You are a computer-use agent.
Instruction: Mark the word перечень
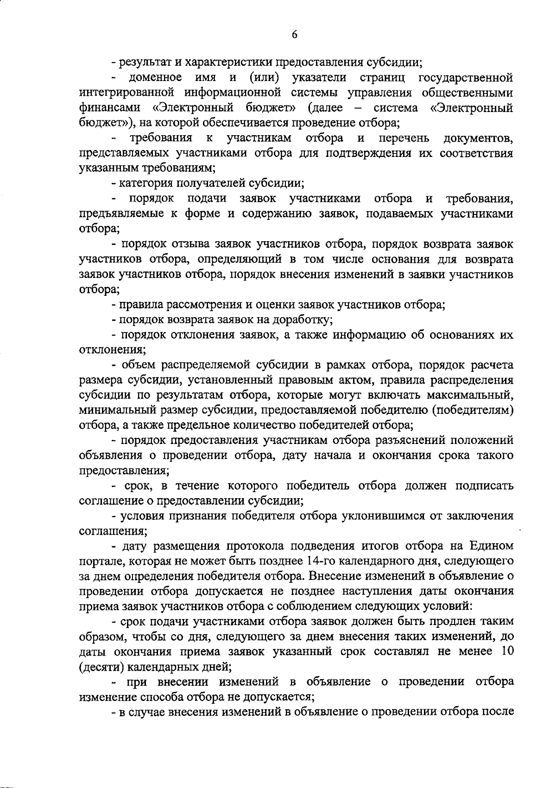[404, 138]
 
